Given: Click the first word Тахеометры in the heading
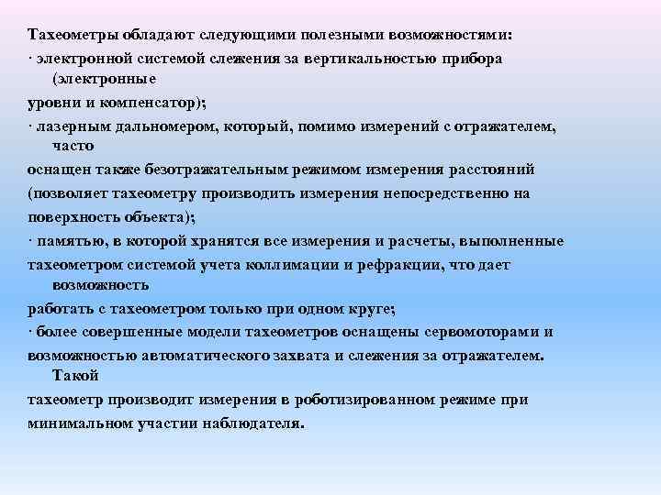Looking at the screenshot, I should pyautogui.click(x=72, y=35).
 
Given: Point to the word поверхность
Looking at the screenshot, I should pyautogui.click(x=73, y=216).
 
